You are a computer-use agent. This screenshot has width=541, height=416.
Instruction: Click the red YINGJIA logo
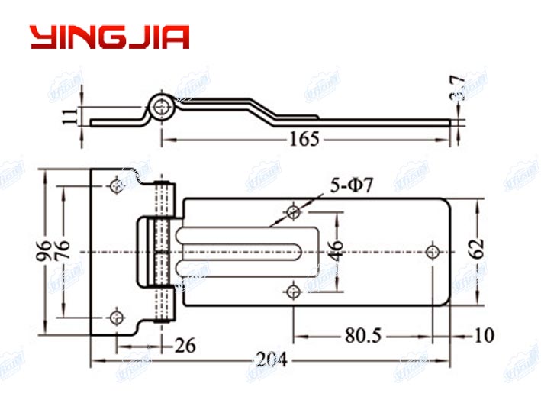(109, 37)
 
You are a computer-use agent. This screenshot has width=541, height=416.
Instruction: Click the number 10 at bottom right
(484, 335)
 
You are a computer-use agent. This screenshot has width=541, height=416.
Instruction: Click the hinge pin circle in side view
(160, 108)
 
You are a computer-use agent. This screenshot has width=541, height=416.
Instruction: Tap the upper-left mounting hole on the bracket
(116, 185)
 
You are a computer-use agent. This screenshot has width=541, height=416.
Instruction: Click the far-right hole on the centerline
(433, 250)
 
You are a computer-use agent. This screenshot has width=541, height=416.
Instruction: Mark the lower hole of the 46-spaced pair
(295, 289)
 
